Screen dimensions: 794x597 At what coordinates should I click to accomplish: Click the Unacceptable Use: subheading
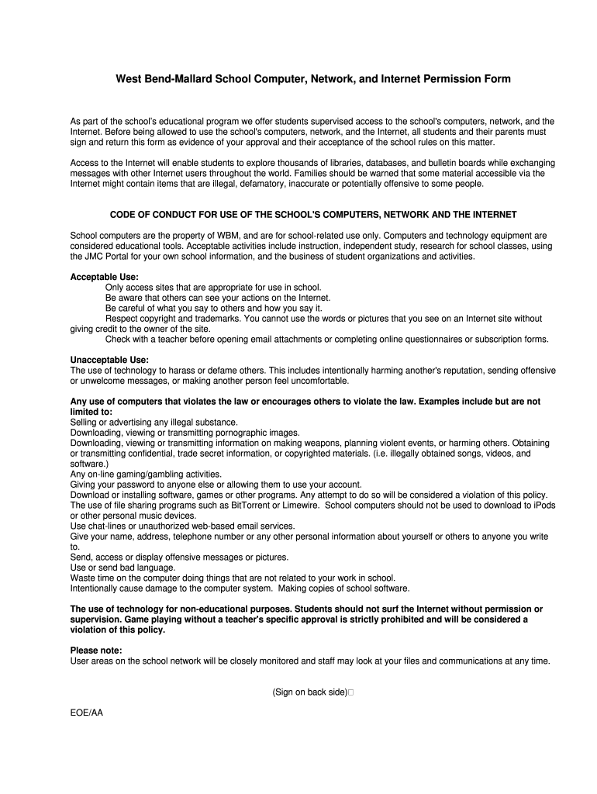point(109,360)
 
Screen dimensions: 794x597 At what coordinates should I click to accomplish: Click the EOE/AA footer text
point(86,712)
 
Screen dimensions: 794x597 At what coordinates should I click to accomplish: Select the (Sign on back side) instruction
point(309,692)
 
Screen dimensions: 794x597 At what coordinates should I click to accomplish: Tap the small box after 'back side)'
point(350,692)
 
